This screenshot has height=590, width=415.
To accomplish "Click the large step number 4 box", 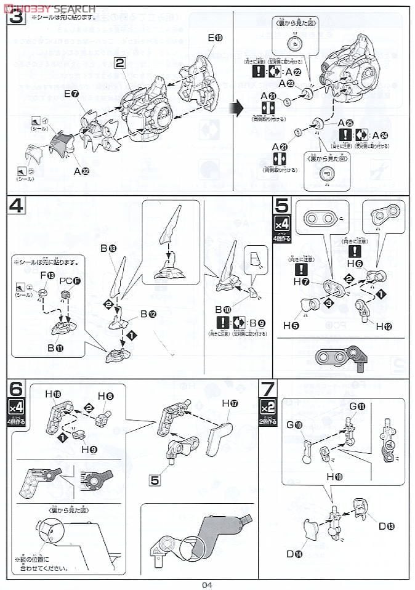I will click(17, 207).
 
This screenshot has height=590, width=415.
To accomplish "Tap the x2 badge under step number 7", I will click(267, 408).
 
